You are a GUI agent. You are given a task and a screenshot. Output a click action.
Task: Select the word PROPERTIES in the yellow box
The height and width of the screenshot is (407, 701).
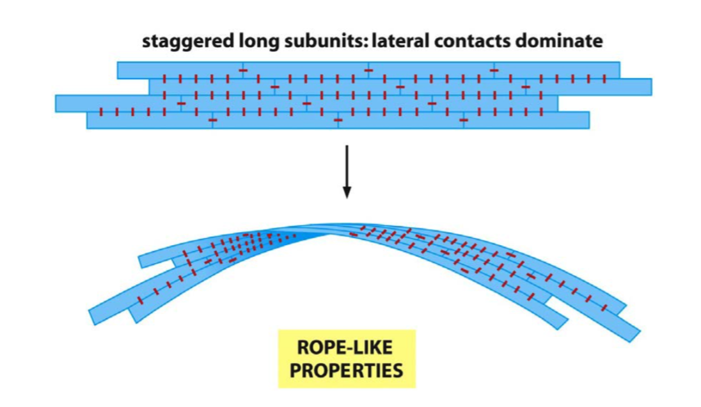click(346, 371)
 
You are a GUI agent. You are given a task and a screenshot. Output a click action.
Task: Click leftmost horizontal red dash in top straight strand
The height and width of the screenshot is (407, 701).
click(243, 70)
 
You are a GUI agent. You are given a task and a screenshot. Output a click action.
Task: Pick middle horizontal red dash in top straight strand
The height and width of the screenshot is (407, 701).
click(368, 70)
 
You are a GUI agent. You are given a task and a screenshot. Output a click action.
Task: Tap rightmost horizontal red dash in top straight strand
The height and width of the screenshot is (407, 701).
click(494, 70)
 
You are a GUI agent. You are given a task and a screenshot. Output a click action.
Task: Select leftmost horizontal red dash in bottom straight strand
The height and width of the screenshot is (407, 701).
click(213, 120)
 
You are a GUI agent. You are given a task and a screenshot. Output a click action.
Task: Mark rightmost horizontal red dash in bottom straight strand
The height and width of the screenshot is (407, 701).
click(464, 120)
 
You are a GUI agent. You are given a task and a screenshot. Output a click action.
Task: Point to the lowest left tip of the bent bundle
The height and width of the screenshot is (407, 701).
click(96, 316)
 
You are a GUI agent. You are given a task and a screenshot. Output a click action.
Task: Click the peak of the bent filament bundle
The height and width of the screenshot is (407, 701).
click(333, 229)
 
